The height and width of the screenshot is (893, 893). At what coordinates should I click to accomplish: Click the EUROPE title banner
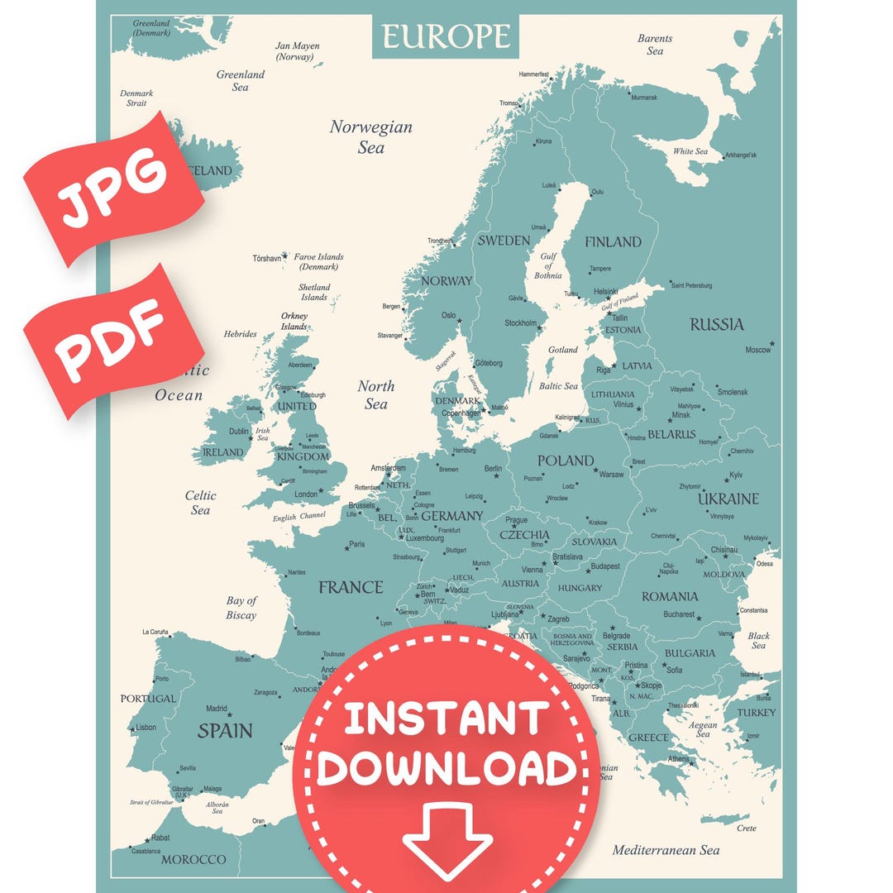446,36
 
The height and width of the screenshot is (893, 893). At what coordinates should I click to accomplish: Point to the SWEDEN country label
504,241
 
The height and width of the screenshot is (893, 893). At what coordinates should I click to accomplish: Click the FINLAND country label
613,242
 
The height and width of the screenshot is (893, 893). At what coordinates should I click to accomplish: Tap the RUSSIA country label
717,324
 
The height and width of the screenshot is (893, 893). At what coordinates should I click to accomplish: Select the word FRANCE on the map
351,588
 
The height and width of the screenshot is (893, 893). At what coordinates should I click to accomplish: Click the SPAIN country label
225,731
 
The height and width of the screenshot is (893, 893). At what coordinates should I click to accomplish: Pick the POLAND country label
566,461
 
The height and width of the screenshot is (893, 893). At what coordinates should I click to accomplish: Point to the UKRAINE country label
728,499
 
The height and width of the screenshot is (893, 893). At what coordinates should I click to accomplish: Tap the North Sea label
376,395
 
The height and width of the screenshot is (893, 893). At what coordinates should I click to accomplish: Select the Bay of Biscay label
241,608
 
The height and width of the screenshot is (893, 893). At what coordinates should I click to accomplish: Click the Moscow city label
757,350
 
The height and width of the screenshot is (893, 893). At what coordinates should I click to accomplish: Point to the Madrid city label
216,709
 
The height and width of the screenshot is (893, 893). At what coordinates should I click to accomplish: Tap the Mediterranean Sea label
666,850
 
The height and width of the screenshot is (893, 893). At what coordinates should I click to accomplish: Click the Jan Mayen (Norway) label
297,51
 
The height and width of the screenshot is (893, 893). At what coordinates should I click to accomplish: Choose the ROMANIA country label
670,596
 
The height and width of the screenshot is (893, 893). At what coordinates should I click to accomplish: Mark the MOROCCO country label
193,860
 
